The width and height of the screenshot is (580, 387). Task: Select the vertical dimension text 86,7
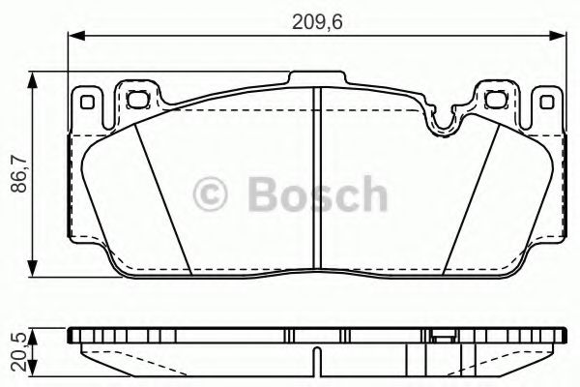coord(15,176)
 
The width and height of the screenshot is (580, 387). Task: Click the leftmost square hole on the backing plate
coord(85,100)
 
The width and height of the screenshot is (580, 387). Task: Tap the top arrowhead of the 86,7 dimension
coord(36,78)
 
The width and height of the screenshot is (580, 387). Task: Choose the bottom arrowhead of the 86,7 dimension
coord(36,272)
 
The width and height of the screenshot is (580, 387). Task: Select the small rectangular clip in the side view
coord(444,339)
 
